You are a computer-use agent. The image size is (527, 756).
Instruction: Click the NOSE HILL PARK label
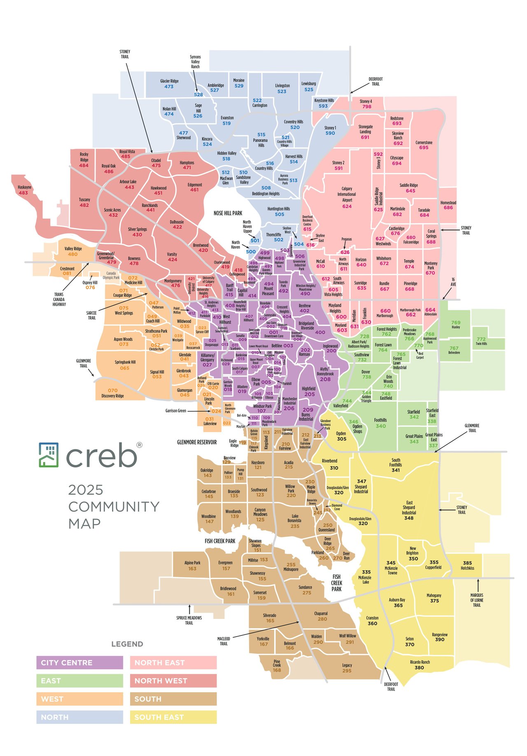coord(228,213)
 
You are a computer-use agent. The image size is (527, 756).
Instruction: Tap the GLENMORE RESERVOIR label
coord(197,442)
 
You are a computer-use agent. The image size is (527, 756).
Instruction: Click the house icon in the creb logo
coord(49,455)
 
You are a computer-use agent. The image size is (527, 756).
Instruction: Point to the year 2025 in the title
coord(86,490)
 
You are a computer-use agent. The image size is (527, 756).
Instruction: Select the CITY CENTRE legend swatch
coord(79,663)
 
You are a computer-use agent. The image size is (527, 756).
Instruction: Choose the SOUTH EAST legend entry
coord(173,717)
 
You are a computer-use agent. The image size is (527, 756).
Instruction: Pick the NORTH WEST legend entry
coord(173,681)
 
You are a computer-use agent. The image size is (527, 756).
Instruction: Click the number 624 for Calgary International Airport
coord(347,206)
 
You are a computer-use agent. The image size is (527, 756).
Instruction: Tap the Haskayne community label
coord(24,190)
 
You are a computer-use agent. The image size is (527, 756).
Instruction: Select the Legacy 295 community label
coord(347,668)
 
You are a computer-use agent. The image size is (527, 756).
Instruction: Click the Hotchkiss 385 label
coord(467,565)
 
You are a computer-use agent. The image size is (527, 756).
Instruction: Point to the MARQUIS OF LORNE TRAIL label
coord(477,600)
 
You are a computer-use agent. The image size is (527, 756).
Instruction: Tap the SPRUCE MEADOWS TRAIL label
coord(189,620)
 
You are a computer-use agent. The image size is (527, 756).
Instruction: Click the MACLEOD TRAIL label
coord(224,641)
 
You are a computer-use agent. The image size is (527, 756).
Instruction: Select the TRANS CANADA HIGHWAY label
coord(59,299)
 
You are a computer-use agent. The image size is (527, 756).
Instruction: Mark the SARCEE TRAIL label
coord(91,315)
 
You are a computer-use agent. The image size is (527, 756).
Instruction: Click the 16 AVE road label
coord(453,282)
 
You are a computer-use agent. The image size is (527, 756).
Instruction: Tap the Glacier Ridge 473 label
coord(169,84)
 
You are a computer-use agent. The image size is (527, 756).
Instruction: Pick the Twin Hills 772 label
coord(481,341)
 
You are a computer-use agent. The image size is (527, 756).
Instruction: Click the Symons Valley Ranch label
coord(195,62)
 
